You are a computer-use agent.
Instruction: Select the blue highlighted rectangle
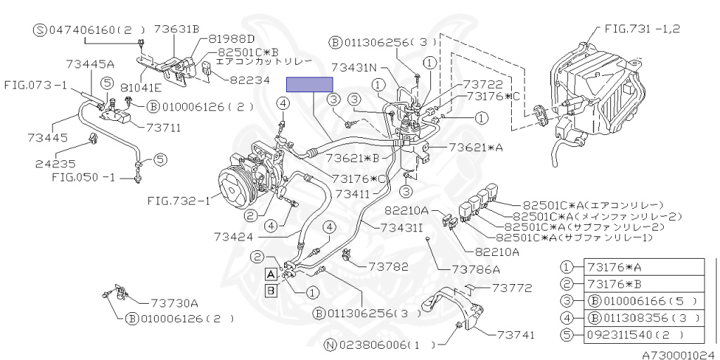[x=309, y=84]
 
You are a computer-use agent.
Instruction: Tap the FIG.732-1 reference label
[x=179, y=201]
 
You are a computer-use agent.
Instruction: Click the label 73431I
[x=402, y=227]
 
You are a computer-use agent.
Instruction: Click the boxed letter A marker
[x=270, y=274]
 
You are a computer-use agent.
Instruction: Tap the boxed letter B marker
[x=270, y=289]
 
